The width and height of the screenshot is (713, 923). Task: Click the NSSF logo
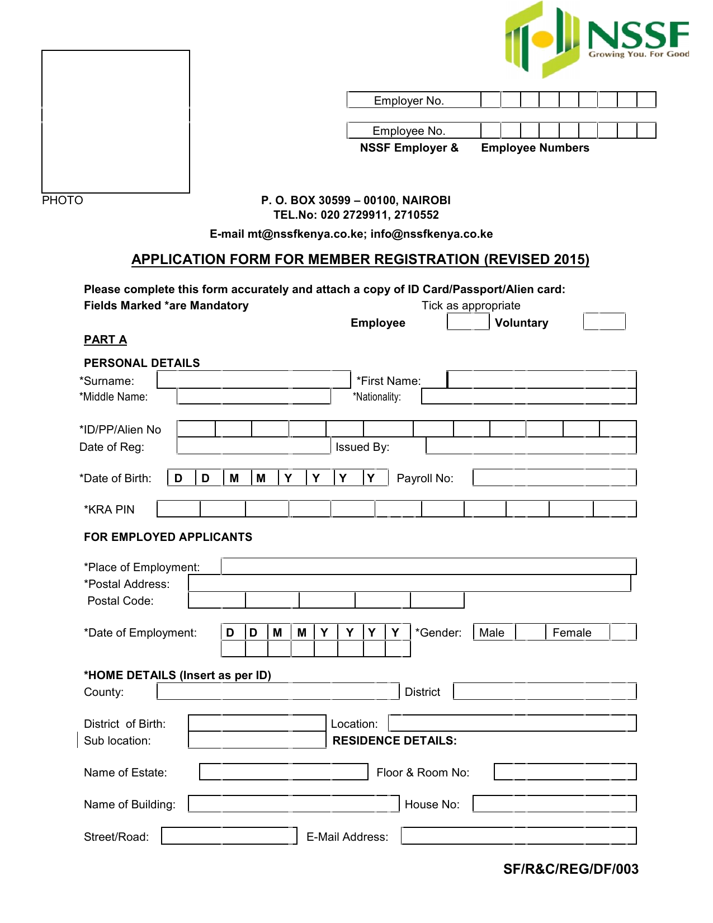[x=596, y=39]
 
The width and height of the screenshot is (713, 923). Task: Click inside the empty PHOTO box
[x=116, y=121]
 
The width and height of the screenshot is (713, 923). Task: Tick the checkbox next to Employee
[x=468, y=322]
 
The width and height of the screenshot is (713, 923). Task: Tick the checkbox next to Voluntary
[x=604, y=322]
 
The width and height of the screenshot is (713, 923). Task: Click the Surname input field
[x=253, y=380]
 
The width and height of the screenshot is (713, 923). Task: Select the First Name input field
[x=541, y=380]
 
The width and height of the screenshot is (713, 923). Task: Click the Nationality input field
[x=528, y=397]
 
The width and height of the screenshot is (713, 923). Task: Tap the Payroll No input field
[x=554, y=478]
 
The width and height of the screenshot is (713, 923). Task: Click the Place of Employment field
[x=428, y=566]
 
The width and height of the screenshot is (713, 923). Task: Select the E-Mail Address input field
[x=519, y=836]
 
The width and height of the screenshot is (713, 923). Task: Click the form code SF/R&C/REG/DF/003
[x=570, y=869]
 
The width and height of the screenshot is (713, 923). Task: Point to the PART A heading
[x=105, y=340]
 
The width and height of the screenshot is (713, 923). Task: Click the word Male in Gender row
[x=492, y=633]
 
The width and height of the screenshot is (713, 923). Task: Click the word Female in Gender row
[x=572, y=633]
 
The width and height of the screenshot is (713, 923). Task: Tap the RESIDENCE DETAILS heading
[x=394, y=741]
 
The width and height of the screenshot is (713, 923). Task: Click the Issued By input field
[x=531, y=446]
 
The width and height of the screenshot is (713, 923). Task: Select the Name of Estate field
[x=284, y=772]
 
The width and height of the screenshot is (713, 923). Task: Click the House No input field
[x=554, y=804]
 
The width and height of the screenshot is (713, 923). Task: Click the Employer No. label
[x=409, y=101]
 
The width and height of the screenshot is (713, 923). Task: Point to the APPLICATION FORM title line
[x=360, y=260]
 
